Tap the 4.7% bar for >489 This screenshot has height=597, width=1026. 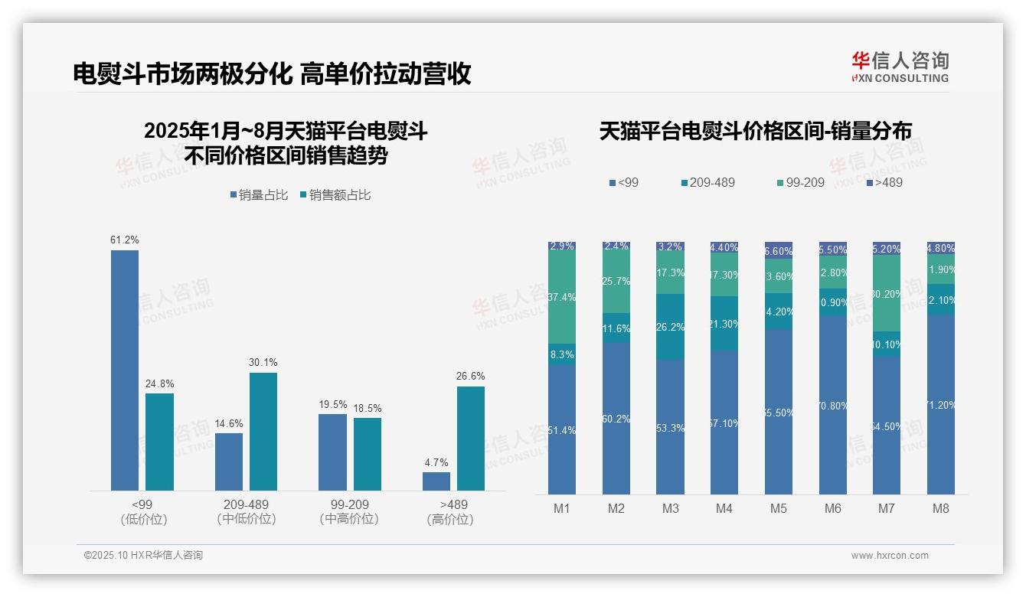[436, 481]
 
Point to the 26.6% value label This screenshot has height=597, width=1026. [472, 376]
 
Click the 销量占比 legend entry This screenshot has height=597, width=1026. [259, 195]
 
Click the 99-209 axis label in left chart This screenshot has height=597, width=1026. [349, 504]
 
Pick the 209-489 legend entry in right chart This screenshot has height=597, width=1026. [707, 182]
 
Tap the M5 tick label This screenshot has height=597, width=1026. [779, 508]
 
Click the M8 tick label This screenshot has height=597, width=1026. [941, 508]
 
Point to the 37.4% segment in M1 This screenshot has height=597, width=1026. [562, 297]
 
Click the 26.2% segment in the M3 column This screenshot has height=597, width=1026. [671, 327]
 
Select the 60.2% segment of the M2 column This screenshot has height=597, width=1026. [616, 418]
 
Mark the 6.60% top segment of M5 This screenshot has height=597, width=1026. [779, 250]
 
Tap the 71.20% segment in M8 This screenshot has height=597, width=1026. [941, 404]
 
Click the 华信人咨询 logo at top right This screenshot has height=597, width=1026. [900, 67]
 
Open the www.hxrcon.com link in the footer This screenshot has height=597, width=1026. [890, 556]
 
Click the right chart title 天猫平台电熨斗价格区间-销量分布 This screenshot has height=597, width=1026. [755, 131]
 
